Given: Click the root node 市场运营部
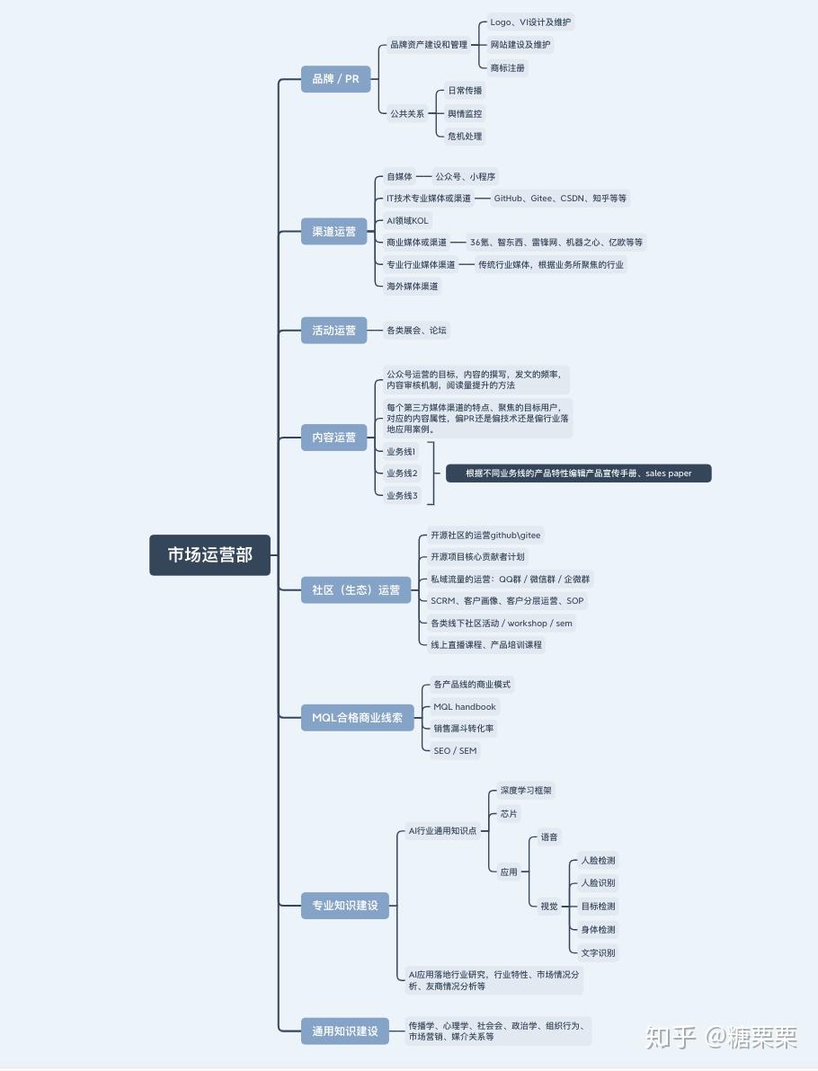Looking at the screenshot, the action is (x=209, y=554).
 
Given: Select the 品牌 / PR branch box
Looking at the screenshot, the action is (x=335, y=78).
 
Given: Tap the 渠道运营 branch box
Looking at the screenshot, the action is (x=334, y=232).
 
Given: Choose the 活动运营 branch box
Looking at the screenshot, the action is (x=334, y=330).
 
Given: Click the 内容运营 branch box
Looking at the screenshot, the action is (x=334, y=438).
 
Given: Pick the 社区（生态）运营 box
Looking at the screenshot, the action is (x=356, y=589).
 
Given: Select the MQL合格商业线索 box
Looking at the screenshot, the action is (x=358, y=717).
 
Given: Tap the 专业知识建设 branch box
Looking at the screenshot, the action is (x=345, y=905).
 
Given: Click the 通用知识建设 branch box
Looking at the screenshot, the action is (x=345, y=1031).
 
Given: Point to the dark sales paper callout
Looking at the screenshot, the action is (x=579, y=474).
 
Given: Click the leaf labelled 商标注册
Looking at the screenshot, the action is (x=507, y=67).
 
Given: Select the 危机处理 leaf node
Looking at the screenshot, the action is (x=465, y=136).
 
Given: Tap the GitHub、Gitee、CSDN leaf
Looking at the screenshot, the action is (x=560, y=198).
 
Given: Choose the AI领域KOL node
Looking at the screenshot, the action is (x=407, y=221).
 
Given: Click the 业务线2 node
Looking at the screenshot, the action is (x=402, y=473).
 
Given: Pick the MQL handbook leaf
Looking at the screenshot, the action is (x=465, y=706).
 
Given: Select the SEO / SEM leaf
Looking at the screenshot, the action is (x=455, y=750).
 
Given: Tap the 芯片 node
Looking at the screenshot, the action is (x=509, y=813).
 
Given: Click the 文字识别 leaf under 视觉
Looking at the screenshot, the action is (x=598, y=952).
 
